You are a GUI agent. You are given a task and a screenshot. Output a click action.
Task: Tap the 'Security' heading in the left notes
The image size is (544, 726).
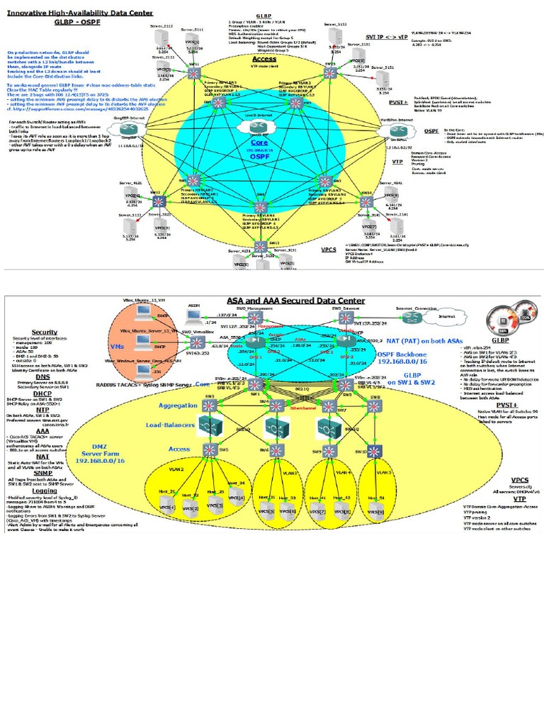(x=44, y=332)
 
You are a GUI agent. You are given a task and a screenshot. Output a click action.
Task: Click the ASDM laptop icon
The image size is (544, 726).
(x=193, y=318)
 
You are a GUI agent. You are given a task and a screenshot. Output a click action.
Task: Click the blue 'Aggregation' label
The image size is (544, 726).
(x=178, y=405)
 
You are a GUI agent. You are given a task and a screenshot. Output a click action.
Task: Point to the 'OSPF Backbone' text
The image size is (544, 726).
(x=400, y=354)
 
